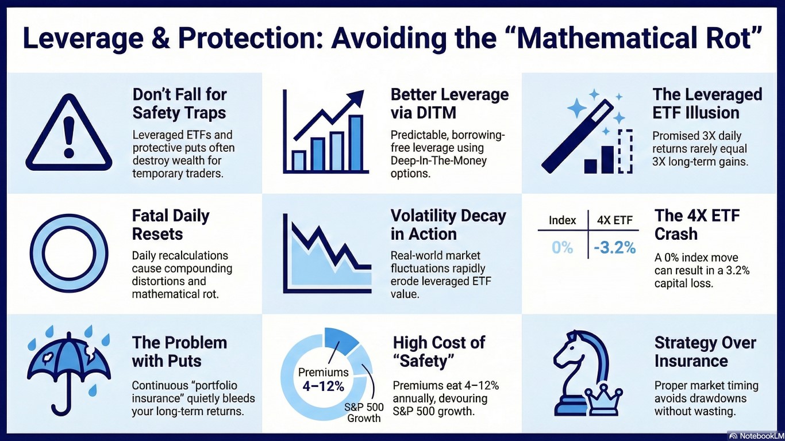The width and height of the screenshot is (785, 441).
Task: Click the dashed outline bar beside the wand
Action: click(626, 151)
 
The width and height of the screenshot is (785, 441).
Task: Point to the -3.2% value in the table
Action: click(615, 248)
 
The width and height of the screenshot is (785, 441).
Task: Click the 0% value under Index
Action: click(562, 248)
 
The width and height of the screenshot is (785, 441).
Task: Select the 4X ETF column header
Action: click(615, 220)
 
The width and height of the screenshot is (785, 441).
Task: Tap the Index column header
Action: click(562, 220)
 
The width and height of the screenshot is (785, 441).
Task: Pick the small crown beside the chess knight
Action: click(603, 400)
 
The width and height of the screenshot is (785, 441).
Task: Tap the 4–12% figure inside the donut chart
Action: click(323, 386)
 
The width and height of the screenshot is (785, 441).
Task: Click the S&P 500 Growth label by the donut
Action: click(364, 413)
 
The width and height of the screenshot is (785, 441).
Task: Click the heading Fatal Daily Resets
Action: click(171, 225)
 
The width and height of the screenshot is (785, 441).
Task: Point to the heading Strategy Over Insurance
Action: click(705, 352)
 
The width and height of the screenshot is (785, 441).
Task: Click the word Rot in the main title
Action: click(738, 38)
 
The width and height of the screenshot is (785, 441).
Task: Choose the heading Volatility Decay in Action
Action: click(448, 225)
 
